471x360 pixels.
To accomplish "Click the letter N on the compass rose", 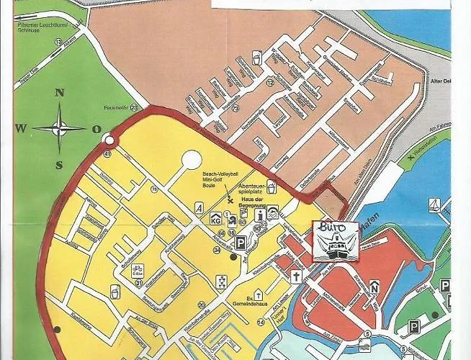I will pos(60,92).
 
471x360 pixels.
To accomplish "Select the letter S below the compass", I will pos(60,164).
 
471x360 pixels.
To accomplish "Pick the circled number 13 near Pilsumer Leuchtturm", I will pos(57,42).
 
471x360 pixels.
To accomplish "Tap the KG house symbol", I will pos(214,218).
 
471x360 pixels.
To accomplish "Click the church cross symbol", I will pos(295,276).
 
